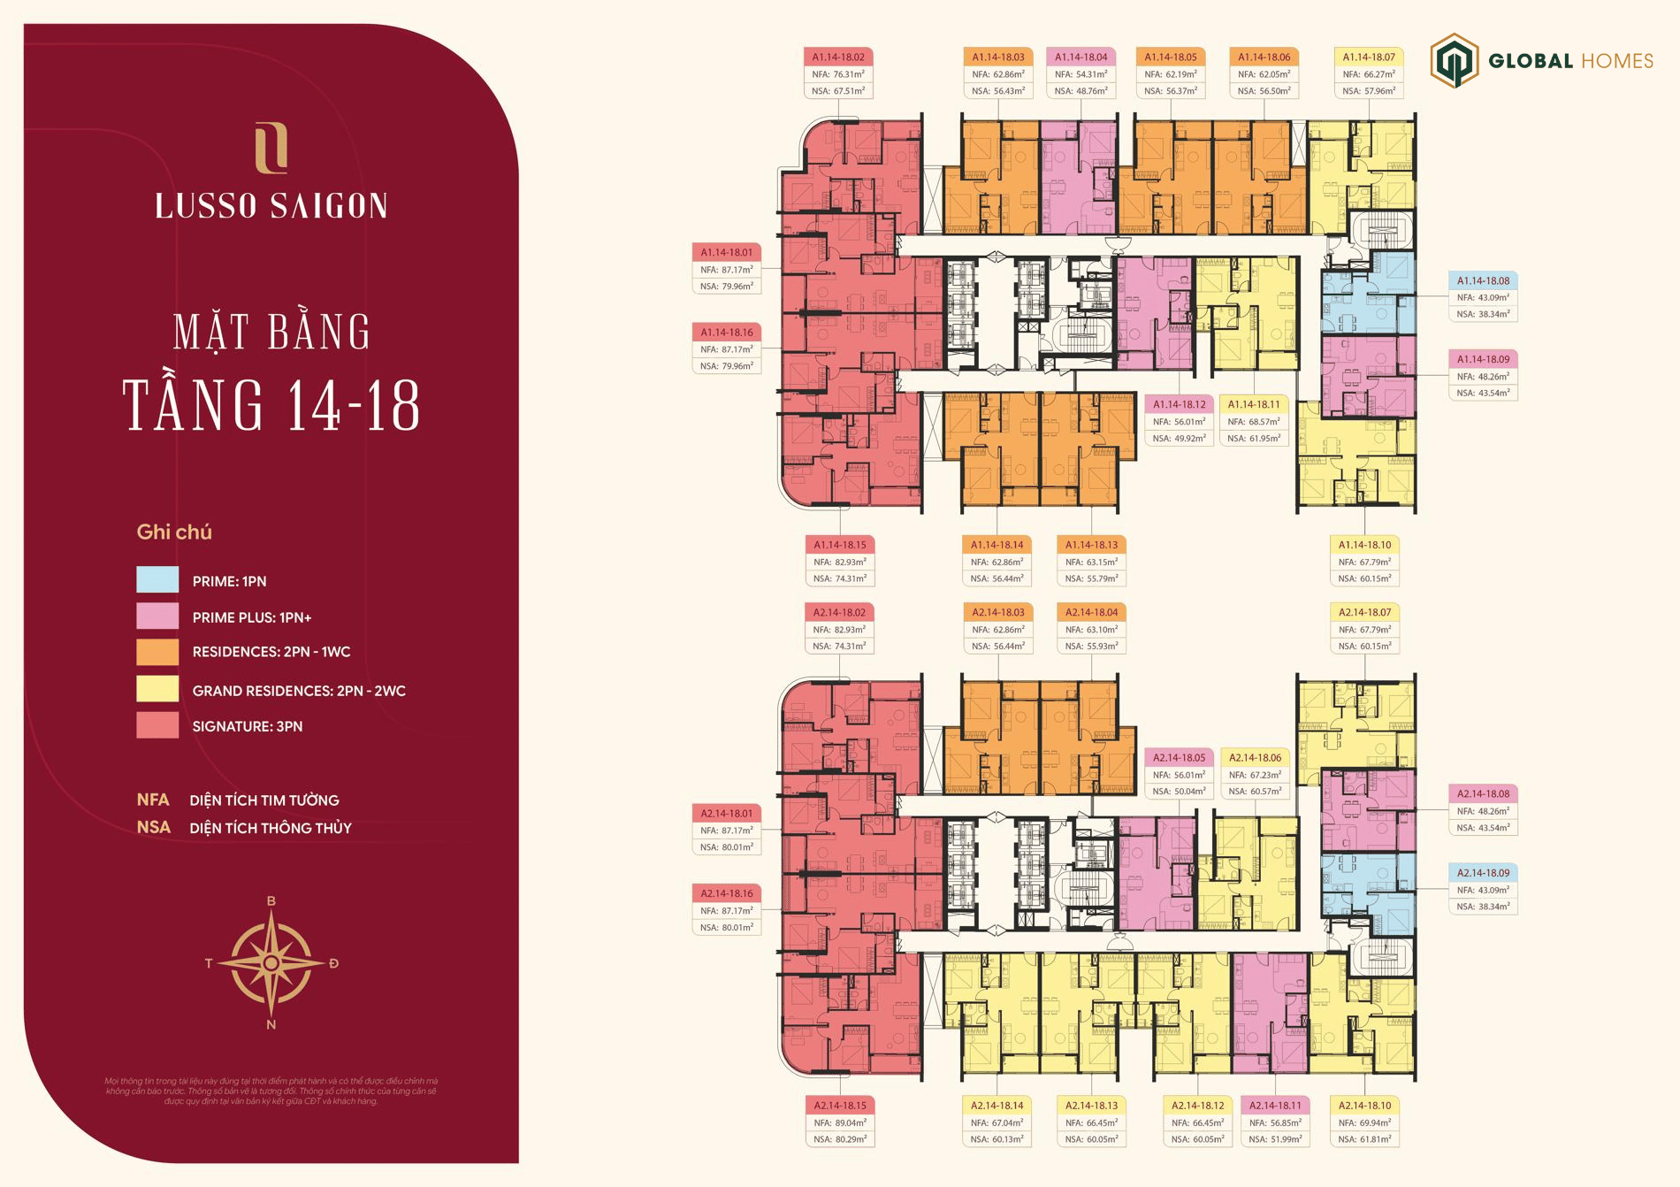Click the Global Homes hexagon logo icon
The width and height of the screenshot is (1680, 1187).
[1455, 60]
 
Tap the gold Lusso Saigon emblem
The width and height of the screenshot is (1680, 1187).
[271, 149]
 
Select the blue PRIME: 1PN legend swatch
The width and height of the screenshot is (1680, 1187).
[157, 579]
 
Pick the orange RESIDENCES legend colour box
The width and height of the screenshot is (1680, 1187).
[157, 652]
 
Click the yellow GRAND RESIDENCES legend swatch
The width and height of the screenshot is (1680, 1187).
[157, 689]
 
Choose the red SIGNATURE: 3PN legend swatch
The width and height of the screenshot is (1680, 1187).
[157, 725]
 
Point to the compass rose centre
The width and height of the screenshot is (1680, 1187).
[271, 962]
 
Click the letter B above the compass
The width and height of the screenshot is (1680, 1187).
[271, 901]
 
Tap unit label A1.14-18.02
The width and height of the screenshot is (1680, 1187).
[838, 57]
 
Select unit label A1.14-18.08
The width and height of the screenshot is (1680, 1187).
[1483, 281]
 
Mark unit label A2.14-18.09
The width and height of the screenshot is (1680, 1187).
[1483, 873]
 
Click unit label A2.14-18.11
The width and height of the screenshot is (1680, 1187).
[1274, 1106]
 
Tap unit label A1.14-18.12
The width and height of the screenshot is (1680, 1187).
[1179, 404]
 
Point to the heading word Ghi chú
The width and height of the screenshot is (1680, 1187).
[174, 532]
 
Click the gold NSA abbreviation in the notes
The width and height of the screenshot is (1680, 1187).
[153, 828]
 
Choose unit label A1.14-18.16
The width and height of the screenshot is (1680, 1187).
[727, 333]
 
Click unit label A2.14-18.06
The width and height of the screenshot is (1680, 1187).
[1255, 758]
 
